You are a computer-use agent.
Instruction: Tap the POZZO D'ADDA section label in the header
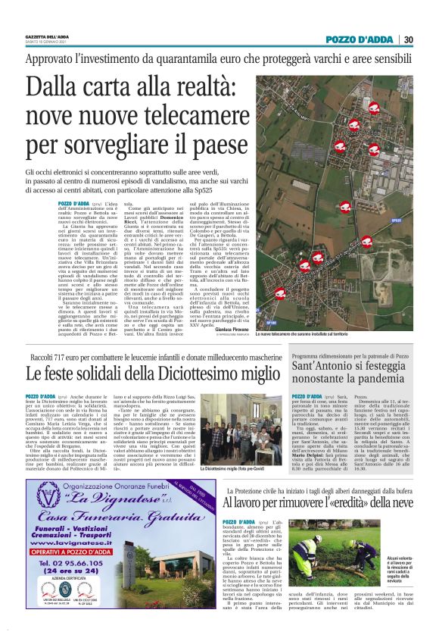[x=359, y=40]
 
